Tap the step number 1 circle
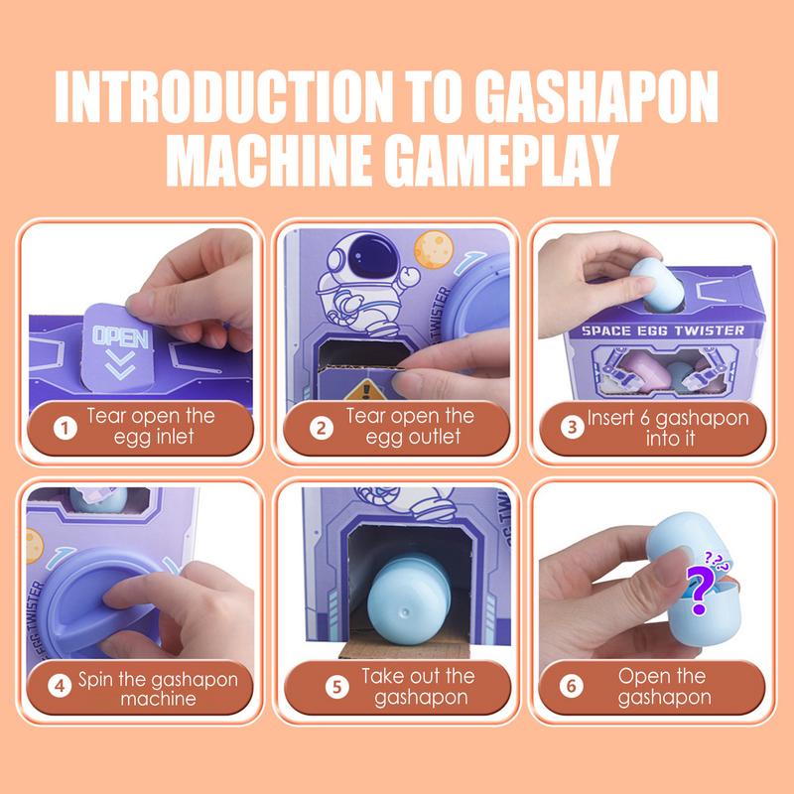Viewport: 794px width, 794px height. [66, 429]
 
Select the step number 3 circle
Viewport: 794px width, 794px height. [572, 429]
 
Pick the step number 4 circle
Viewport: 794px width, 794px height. [66, 687]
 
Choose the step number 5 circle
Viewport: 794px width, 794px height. [337, 687]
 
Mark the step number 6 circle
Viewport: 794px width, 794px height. [572, 687]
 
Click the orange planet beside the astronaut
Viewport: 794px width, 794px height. [434, 248]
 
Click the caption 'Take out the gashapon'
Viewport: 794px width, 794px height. [418, 687]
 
